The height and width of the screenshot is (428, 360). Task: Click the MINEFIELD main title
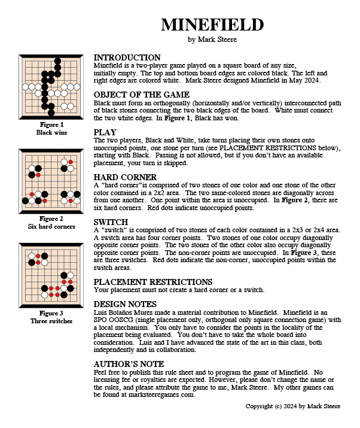(x=212, y=25)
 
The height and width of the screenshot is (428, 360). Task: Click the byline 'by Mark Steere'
(x=212, y=40)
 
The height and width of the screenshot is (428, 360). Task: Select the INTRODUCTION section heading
(x=127, y=57)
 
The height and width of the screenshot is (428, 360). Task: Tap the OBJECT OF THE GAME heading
(x=142, y=95)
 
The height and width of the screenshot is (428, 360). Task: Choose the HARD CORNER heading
(x=126, y=177)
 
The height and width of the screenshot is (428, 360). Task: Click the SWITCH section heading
(x=111, y=221)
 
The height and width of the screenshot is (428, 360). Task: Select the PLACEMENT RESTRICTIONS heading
(x=153, y=281)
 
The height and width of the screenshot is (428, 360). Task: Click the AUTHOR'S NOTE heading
(x=129, y=364)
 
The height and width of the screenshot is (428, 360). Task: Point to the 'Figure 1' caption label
(x=50, y=125)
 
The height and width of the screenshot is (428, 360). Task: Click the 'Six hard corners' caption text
(x=50, y=227)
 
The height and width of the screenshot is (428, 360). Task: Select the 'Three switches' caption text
(x=50, y=321)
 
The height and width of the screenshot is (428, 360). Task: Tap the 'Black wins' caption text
(x=50, y=132)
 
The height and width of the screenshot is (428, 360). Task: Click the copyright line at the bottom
(x=293, y=406)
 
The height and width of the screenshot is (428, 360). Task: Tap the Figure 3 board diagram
(x=51, y=275)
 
